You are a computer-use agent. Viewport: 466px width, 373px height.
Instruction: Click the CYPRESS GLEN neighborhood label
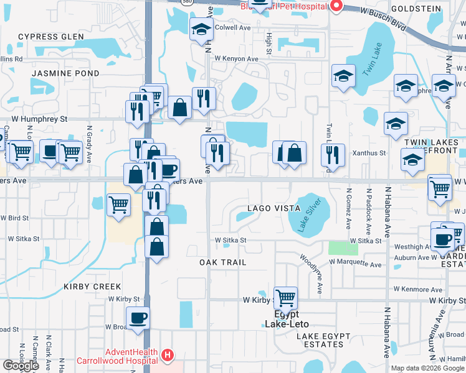50,37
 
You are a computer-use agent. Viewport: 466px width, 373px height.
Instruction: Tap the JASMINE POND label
65,73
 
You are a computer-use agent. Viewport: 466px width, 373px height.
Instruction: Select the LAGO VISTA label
275,208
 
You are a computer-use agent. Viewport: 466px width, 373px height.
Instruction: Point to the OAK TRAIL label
223,262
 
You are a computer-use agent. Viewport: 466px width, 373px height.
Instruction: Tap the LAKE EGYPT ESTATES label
330,336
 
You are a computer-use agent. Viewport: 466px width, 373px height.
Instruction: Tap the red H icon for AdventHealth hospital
167,356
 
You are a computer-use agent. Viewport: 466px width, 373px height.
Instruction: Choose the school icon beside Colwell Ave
201,29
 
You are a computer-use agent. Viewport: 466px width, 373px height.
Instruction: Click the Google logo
21,366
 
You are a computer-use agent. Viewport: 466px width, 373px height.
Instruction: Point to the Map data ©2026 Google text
427,368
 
